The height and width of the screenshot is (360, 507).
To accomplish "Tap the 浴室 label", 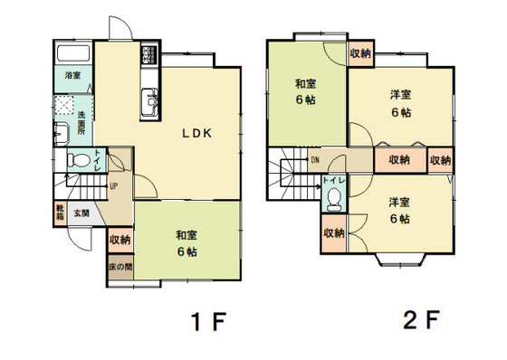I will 72,77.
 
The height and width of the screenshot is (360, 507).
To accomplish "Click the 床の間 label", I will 120,268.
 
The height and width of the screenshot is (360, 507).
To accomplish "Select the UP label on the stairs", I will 113,187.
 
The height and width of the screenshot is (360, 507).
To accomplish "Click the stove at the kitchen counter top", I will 148,61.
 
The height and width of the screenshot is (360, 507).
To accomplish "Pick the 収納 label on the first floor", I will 120,241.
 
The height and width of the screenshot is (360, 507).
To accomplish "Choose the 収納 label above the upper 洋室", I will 360,54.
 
